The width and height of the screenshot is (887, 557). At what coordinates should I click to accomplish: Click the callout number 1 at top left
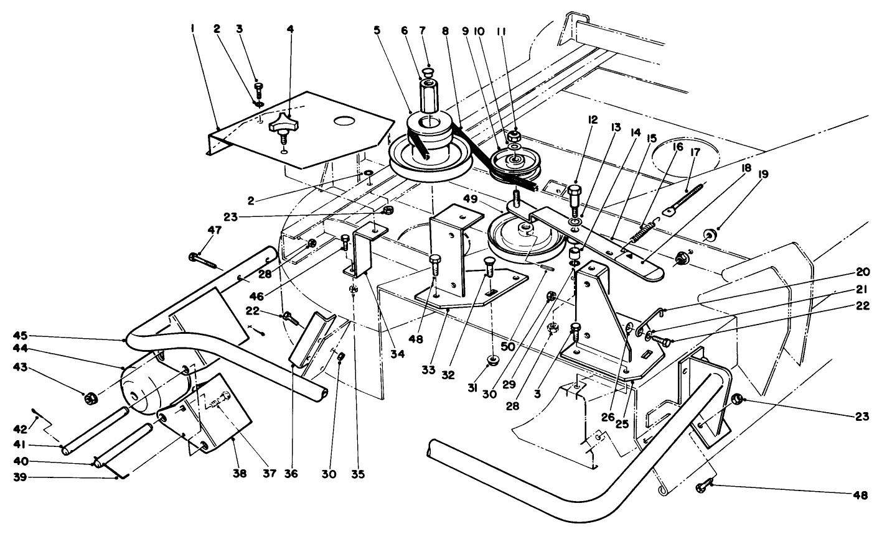point(193,29)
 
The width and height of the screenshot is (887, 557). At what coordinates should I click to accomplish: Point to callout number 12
point(592,120)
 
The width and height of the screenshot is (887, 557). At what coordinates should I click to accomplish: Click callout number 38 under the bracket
point(239,474)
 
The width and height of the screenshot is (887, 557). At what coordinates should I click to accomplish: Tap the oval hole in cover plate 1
point(348,121)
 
